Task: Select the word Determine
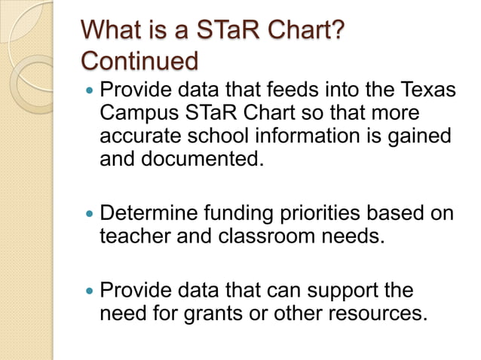149,213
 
